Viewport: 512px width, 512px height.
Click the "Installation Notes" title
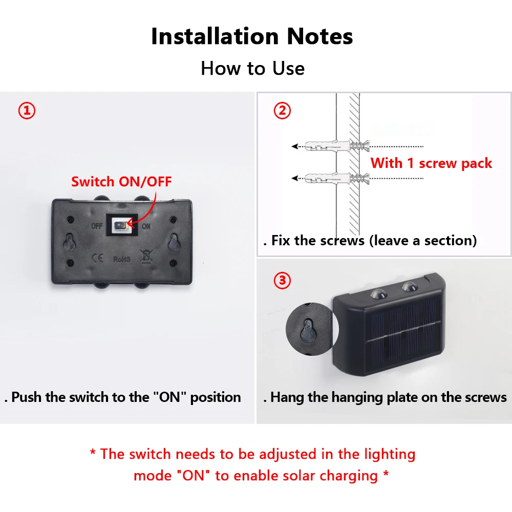coord(252,37)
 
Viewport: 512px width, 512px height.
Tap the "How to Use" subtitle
coord(252,68)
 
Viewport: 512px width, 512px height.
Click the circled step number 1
coord(27,111)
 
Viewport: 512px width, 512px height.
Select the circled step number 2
coord(282,111)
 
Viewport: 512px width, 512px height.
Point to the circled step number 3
coord(282,281)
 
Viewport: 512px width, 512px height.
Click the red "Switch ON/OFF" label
coord(121,181)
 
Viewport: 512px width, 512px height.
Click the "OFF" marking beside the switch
coord(97,226)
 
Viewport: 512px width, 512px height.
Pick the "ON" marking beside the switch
coord(146,226)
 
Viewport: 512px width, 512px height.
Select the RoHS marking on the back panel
coord(121,259)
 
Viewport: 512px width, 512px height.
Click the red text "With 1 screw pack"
coord(431,163)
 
